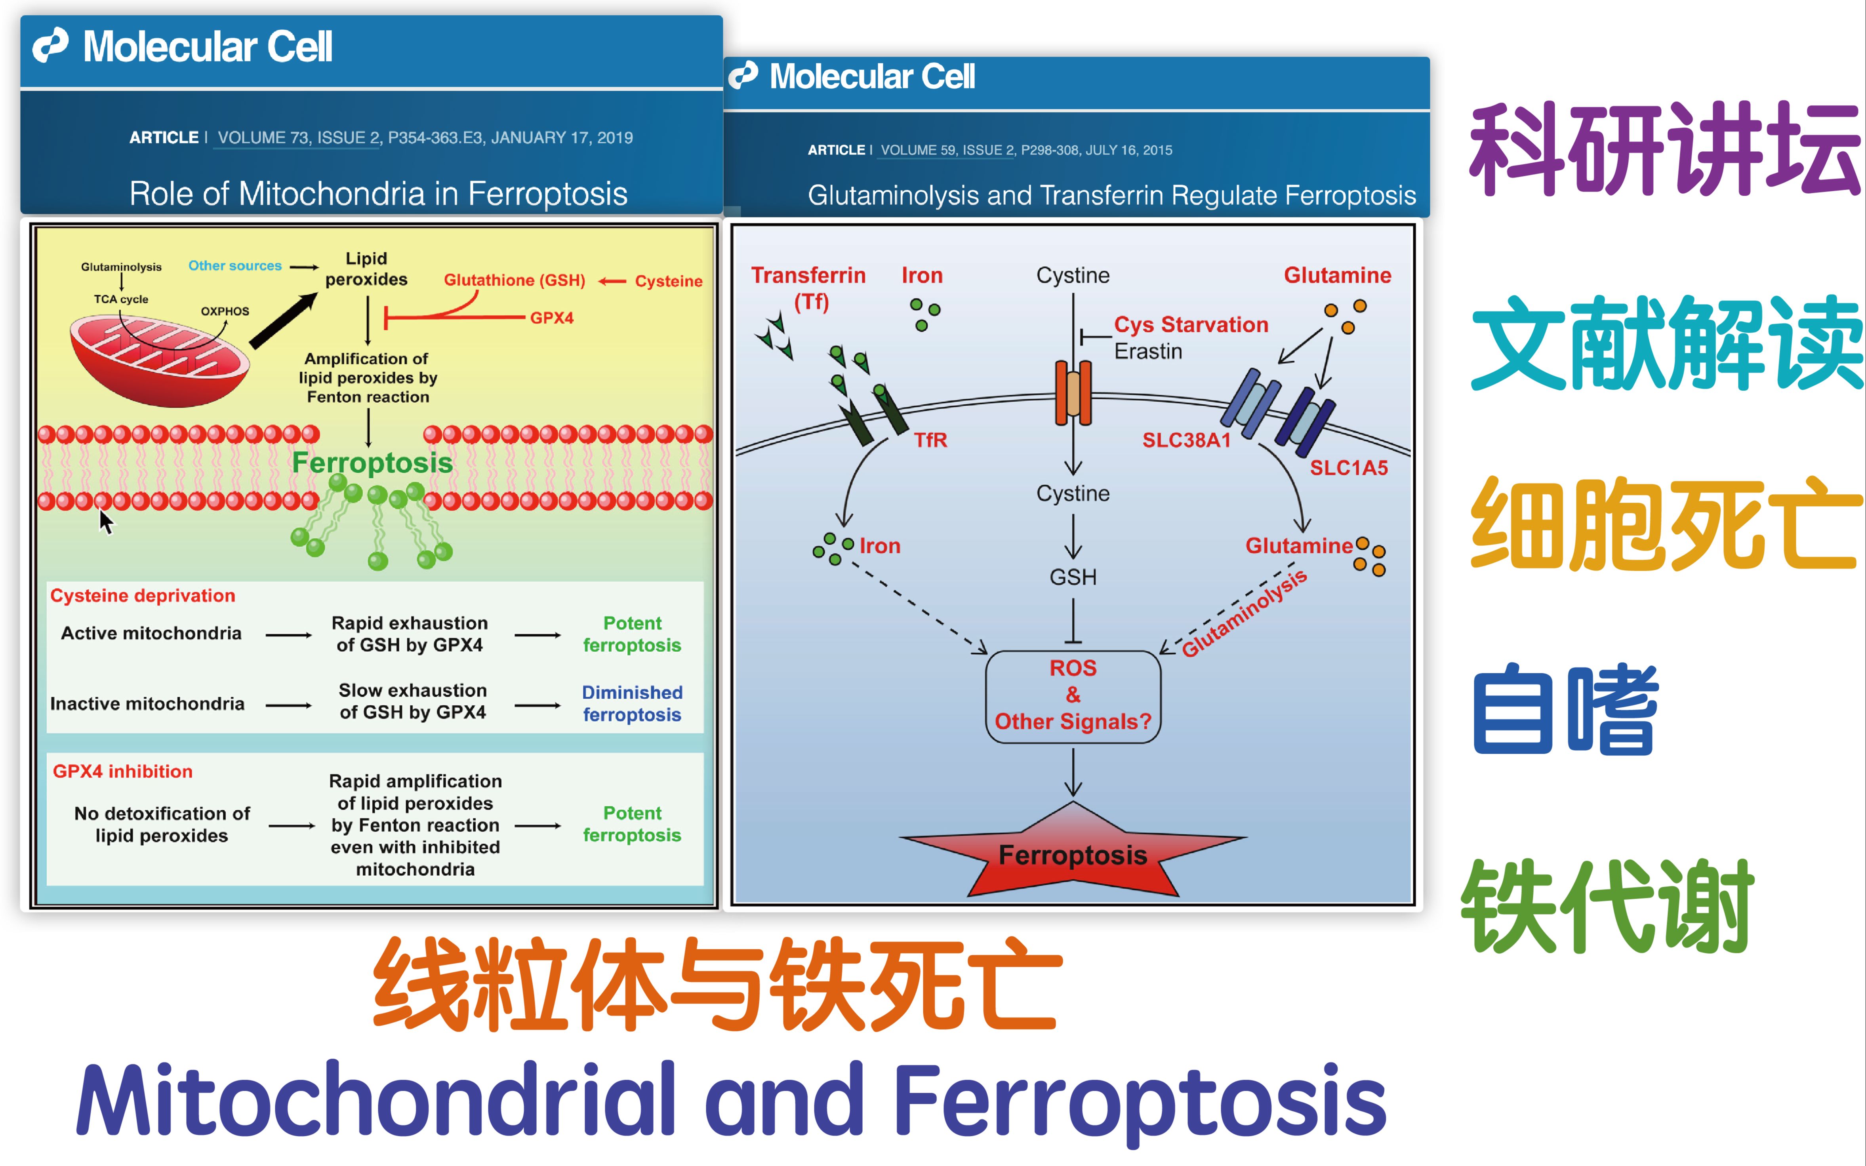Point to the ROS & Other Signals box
click(x=1073, y=695)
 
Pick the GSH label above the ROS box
click(x=1073, y=577)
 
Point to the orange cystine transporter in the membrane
click(x=1073, y=393)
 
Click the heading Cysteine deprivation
click(x=143, y=595)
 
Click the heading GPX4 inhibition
click(x=123, y=771)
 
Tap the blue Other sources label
click(x=235, y=265)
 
